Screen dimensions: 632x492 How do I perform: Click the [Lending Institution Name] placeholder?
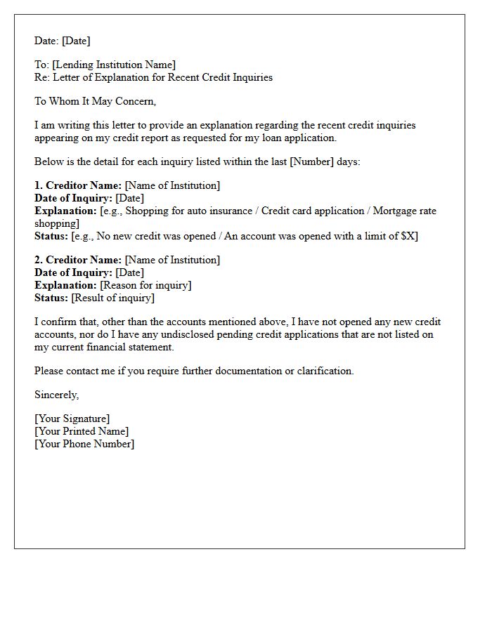114,65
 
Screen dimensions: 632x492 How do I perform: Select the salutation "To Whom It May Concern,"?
95,101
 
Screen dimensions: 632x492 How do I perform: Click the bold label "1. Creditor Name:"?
78,185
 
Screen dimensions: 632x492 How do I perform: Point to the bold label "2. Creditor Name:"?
78,260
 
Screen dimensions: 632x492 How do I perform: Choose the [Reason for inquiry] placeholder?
145,285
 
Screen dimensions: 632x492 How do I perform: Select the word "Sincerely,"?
56,395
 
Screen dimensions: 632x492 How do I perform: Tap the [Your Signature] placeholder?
72,419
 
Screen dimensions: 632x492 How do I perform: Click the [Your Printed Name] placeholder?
82,431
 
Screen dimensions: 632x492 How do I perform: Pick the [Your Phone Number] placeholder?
84,444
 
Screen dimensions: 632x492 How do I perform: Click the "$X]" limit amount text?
409,236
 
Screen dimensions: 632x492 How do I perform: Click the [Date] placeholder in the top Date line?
76,41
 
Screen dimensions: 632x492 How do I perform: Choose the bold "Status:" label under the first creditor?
51,236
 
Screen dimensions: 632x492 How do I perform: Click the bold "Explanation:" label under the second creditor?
65,285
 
